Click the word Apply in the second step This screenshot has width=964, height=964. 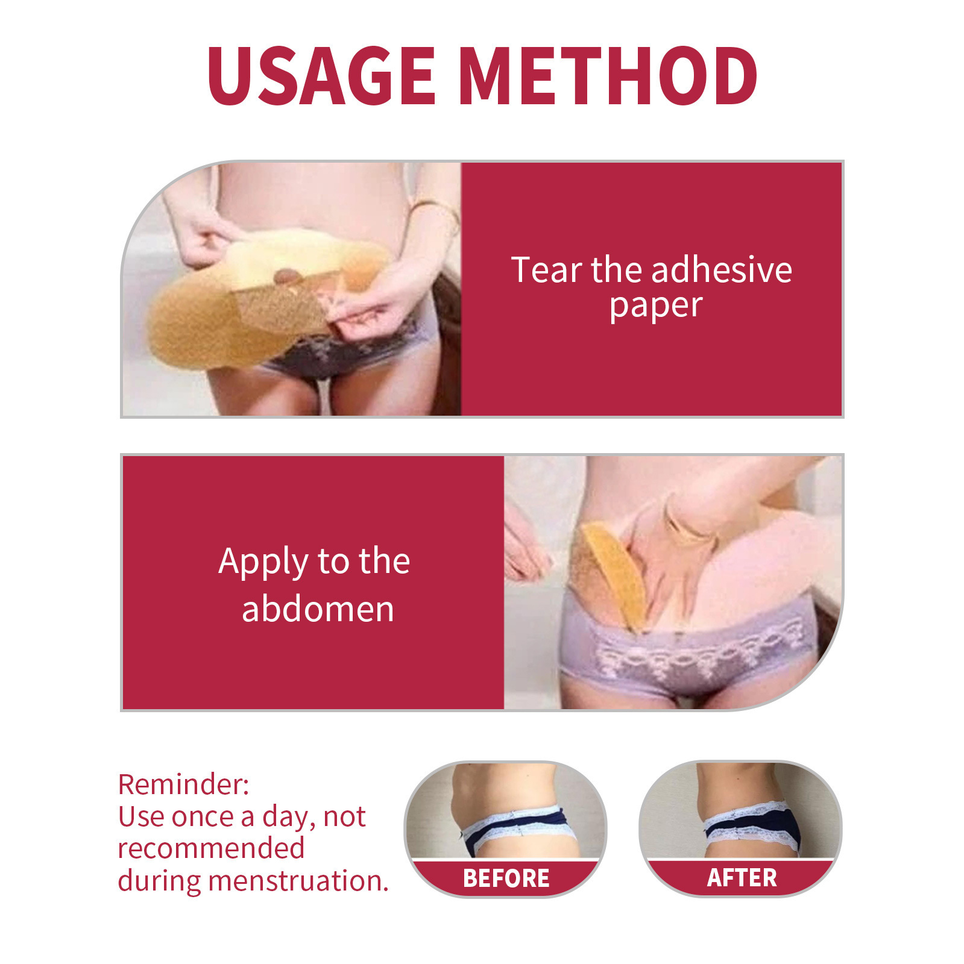point(263,562)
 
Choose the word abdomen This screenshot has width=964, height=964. point(318,609)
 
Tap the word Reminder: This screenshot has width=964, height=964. point(183,784)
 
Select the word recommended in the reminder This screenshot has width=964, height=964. point(211,848)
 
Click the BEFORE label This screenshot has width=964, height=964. point(506,878)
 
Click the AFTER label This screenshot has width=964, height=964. point(742,878)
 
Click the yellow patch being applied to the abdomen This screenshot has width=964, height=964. point(612,572)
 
